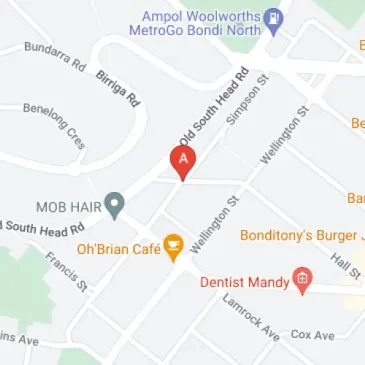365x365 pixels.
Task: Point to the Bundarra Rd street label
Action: click(55, 56)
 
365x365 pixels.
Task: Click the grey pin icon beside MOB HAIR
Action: click(115, 205)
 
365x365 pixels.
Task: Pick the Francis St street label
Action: click(67, 271)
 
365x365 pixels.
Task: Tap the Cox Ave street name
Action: click(312, 334)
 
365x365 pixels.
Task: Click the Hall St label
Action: click(345, 266)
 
